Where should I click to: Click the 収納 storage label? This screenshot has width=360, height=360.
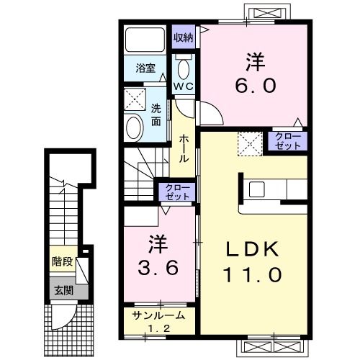pyautogui.click(x=184, y=37)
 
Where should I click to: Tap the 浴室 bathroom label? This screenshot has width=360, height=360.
pyautogui.click(x=145, y=68)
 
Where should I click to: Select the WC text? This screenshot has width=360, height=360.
pyautogui.click(x=184, y=86)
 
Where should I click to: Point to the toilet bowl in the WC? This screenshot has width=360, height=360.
pyautogui.click(x=184, y=69)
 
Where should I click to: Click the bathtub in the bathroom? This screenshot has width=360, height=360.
pyautogui.click(x=145, y=40)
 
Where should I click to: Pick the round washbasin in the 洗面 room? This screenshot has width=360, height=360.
pyautogui.click(x=134, y=127)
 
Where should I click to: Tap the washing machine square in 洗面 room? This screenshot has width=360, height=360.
pyautogui.click(x=135, y=99)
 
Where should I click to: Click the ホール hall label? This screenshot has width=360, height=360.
pyautogui.click(x=184, y=148)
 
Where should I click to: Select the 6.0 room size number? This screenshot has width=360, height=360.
pyautogui.click(x=256, y=86)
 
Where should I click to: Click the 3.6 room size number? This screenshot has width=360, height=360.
pyautogui.click(x=158, y=268)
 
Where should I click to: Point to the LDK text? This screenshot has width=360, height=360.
pyautogui.click(x=252, y=250)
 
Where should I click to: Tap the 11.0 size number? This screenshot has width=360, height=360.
pyautogui.click(x=252, y=275)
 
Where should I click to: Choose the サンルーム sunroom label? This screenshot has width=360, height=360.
pyautogui.click(x=158, y=315)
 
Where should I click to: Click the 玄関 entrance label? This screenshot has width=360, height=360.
pyautogui.click(x=63, y=291)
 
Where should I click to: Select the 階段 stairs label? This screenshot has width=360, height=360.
pyautogui.click(x=63, y=261)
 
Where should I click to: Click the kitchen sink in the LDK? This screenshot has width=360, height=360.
pyautogui.click(x=257, y=189)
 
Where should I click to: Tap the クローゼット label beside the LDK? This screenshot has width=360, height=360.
pyautogui.click(x=288, y=141)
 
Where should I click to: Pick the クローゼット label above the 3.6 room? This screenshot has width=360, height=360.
pyautogui.click(x=178, y=192)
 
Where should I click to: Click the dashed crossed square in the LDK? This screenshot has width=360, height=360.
pyautogui.click(x=250, y=144)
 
